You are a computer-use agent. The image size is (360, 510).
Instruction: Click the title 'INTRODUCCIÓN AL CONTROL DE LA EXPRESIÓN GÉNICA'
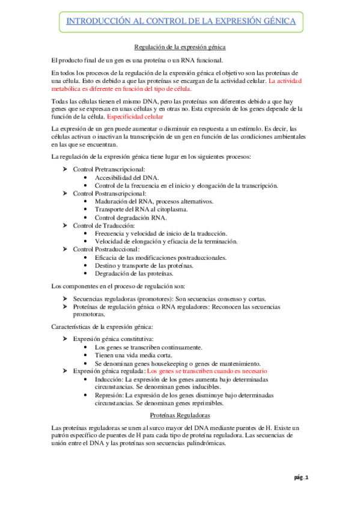click(x=180, y=21)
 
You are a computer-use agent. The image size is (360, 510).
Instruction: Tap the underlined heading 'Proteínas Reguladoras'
click(x=180, y=416)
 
